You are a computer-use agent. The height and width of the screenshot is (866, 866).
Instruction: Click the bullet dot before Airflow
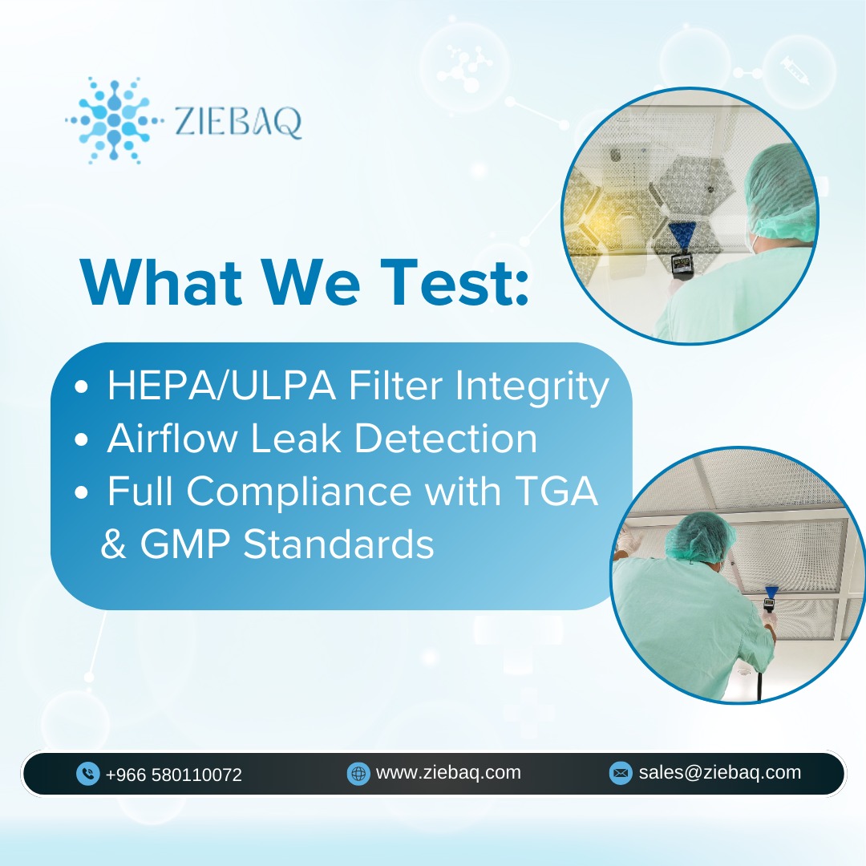pyautogui.click(x=81, y=441)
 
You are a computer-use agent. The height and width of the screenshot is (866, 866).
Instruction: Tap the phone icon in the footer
pyautogui.click(x=87, y=774)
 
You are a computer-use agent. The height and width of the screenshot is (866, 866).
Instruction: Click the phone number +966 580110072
pyautogui.click(x=173, y=775)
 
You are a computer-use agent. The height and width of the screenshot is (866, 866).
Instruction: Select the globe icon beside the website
pyautogui.click(x=358, y=773)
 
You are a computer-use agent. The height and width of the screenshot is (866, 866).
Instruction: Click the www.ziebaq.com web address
pyautogui.click(x=448, y=772)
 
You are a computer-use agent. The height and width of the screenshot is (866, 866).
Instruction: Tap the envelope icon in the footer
pyautogui.click(x=620, y=773)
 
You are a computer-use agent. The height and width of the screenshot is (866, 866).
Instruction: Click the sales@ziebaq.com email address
pyautogui.click(x=719, y=772)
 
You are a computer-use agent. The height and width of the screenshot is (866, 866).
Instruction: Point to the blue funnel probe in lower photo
pyautogui.click(x=771, y=596)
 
